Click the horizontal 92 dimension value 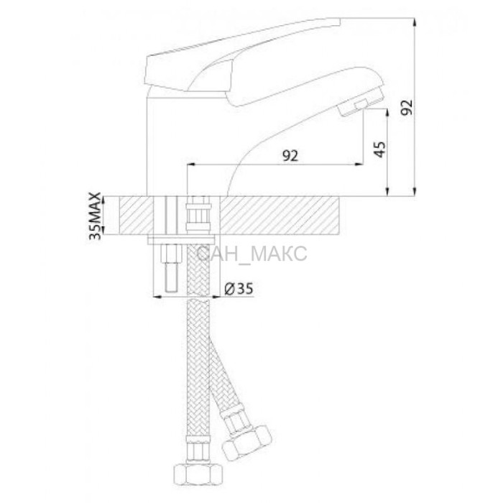(290, 155)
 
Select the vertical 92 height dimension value (407, 108)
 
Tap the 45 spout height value (380, 149)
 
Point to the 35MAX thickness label (95, 216)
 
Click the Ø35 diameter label (239, 289)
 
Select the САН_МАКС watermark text (251, 254)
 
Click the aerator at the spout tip (361, 104)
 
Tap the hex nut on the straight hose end (198, 474)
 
